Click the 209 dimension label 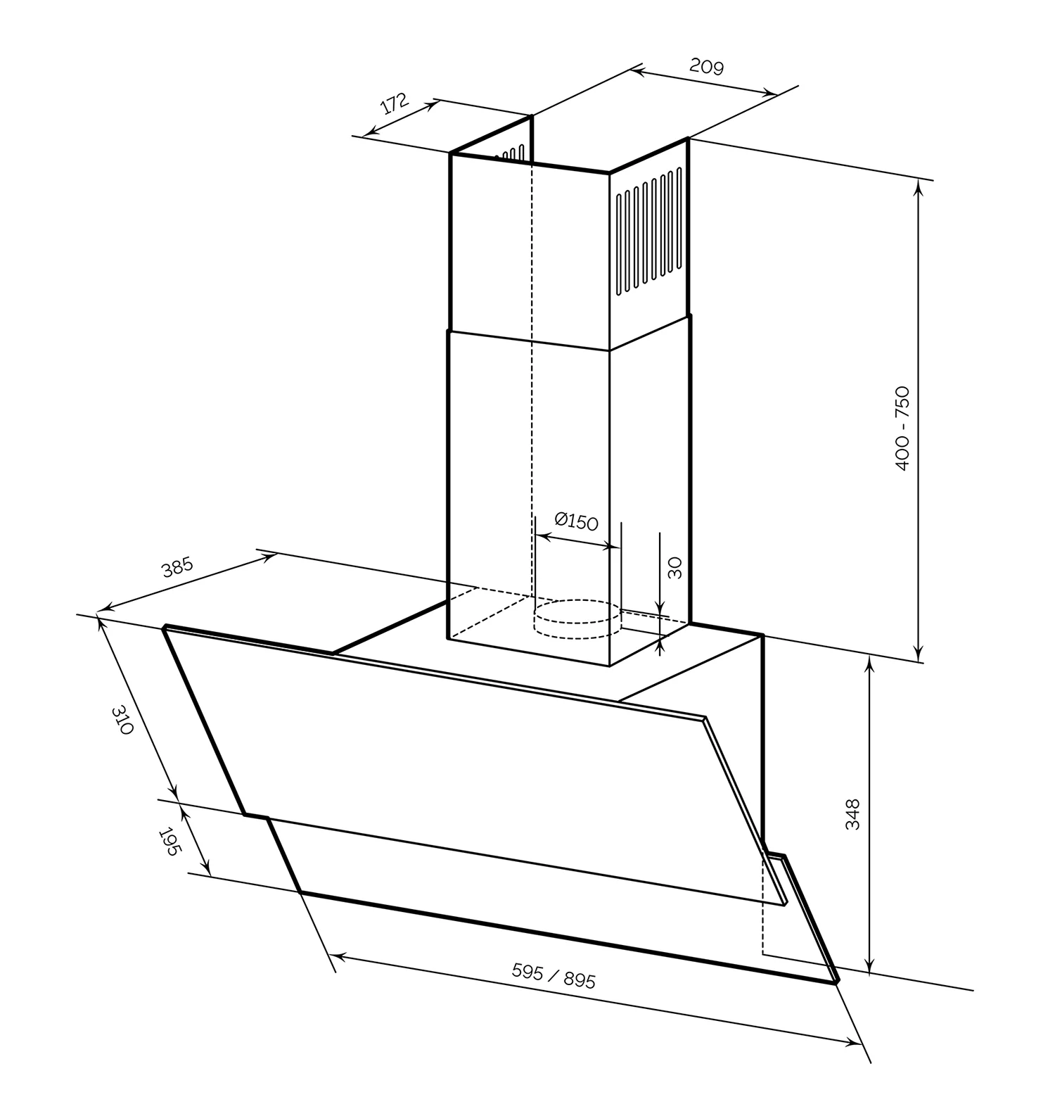(x=705, y=67)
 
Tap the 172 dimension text (x=395, y=103)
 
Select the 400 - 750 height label (x=902, y=428)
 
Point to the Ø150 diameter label (x=576, y=521)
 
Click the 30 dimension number (x=674, y=567)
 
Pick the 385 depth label (x=177, y=566)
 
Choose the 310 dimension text (x=122, y=721)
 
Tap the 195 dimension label (x=169, y=842)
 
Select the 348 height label (x=852, y=814)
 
